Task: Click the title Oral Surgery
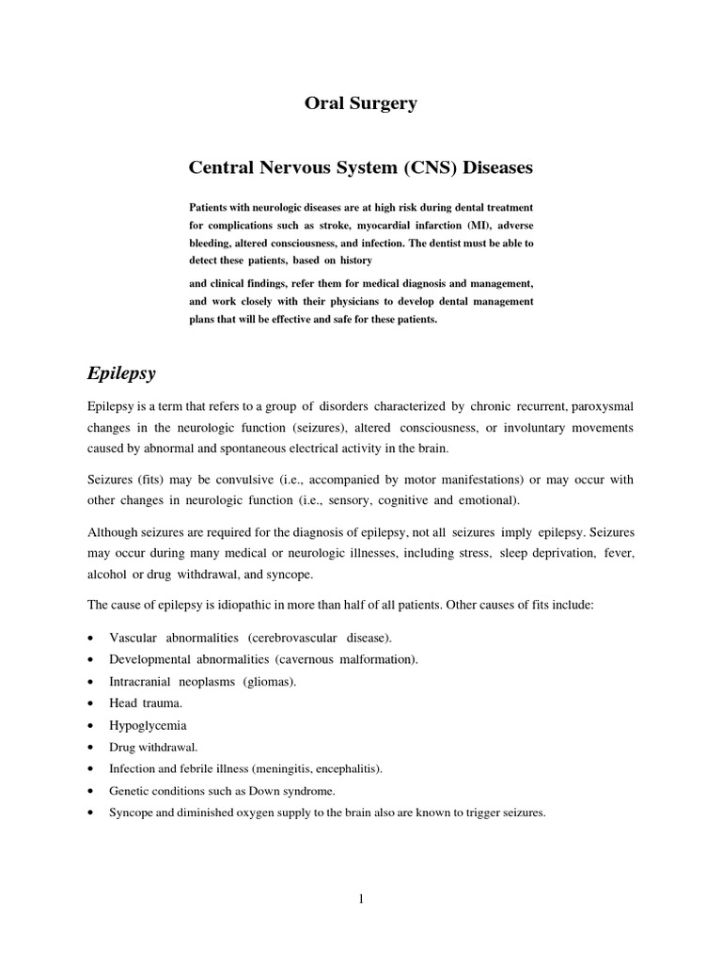[360, 104]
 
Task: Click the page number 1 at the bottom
[360, 899]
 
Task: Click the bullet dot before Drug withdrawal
[88, 748]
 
